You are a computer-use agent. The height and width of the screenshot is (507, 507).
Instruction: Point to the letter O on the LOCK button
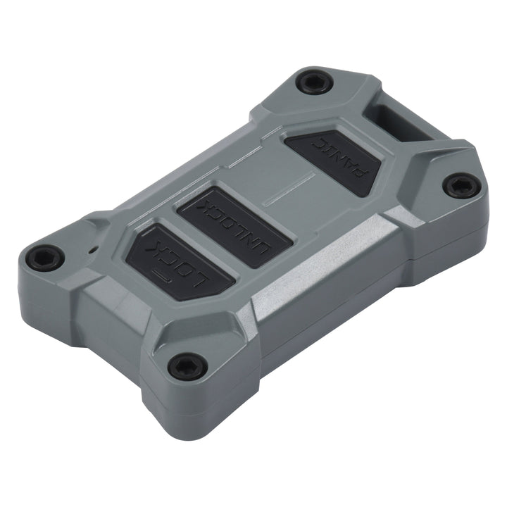point(189,272)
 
